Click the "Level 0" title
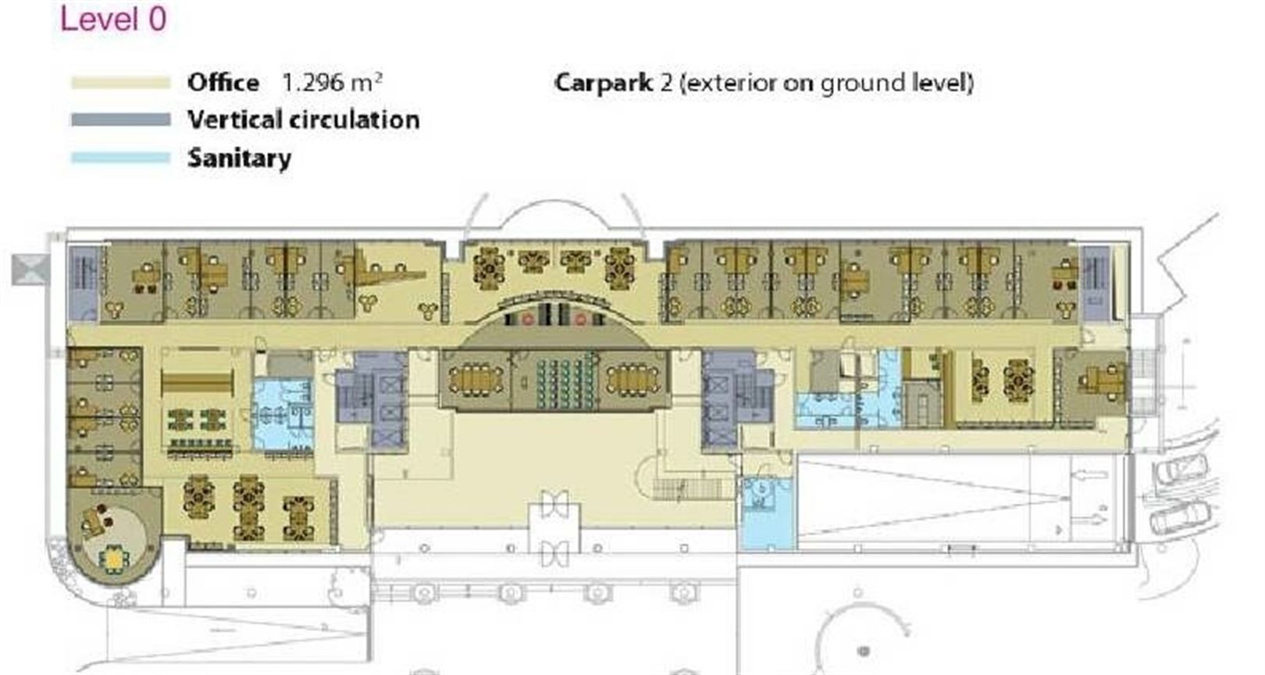[113, 19]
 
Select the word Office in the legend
[223, 83]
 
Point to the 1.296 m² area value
[332, 83]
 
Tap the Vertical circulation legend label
[303, 120]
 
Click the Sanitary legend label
[240, 158]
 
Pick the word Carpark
[604, 84]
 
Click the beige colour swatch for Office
[120, 83]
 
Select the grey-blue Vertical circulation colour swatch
[120, 120]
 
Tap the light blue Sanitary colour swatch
[120, 158]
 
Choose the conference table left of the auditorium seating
[476, 380]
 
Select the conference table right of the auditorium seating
[633, 380]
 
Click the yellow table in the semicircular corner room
[115, 559]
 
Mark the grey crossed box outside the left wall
[30, 270]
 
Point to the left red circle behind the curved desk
[527, 320]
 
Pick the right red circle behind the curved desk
[580, 320]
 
